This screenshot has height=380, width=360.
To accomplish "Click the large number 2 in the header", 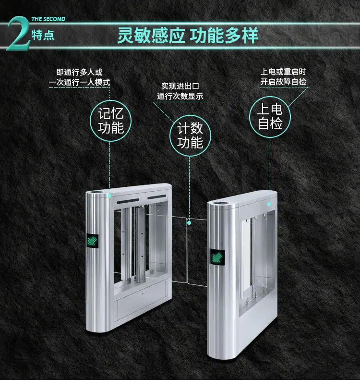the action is coord(19,34).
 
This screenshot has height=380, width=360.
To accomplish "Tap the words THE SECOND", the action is coord(48,19).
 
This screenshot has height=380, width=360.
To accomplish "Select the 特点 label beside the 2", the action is coord(43,35).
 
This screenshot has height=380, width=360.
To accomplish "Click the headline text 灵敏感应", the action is coord(151,36).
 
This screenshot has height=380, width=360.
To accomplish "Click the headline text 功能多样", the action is coord(224,36).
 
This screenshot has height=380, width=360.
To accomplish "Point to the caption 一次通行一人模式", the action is coord(79,82).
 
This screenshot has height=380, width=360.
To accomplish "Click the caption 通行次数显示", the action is coord(180,96).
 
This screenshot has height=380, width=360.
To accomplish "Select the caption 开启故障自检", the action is coord(284,82).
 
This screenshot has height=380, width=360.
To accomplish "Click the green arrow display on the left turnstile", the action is coord(93,241).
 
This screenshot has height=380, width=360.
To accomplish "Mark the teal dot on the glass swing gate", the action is coord(189,222).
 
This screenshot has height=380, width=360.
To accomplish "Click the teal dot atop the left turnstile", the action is coord(109,196).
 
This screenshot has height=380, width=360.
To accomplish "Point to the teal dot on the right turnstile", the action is coord(269,204).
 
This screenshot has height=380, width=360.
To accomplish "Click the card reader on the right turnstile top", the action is coord(221,203).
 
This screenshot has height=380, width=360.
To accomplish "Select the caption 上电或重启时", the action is coord(283,72).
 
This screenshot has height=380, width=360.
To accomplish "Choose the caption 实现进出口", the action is coord(180,86).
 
